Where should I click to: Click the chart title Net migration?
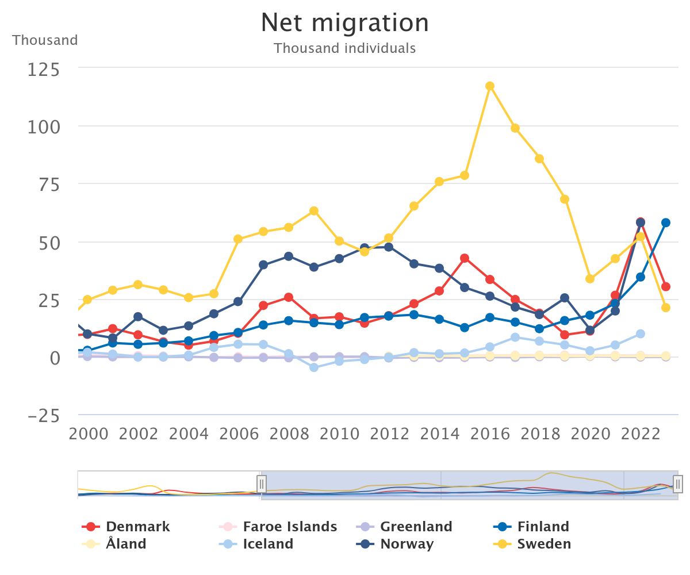345,23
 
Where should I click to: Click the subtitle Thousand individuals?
345,48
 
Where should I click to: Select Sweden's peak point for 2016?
490,86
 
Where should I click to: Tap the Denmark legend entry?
137,527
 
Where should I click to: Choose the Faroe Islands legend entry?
289,527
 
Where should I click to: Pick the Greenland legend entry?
416,527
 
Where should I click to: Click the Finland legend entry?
543,527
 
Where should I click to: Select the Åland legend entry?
125,544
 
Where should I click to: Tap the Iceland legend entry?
267,544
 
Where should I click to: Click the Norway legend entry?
407,544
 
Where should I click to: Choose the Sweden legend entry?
544,544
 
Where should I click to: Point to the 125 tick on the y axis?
44,70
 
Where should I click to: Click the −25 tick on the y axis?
44,416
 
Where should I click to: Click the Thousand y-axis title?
45,40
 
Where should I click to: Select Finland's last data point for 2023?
666,223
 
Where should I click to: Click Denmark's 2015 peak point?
465,258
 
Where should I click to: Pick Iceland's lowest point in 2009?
314,367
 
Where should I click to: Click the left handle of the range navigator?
262,484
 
